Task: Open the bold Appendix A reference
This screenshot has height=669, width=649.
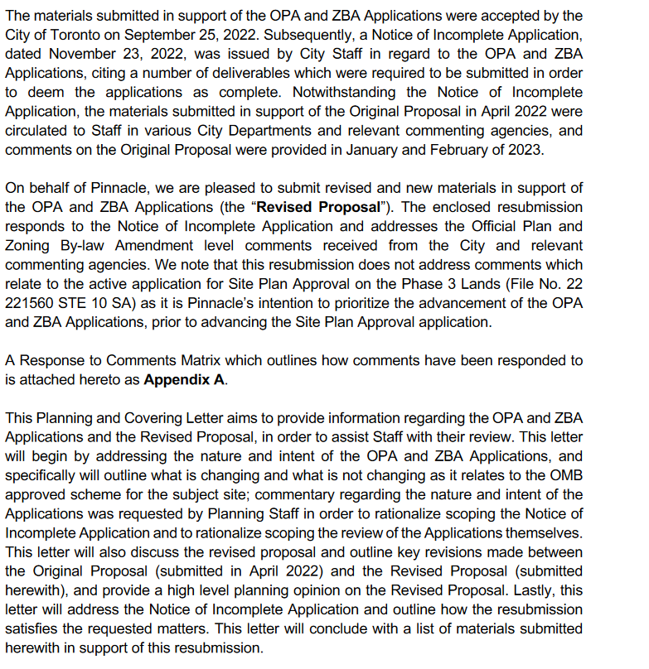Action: click(x=183, y=380)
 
